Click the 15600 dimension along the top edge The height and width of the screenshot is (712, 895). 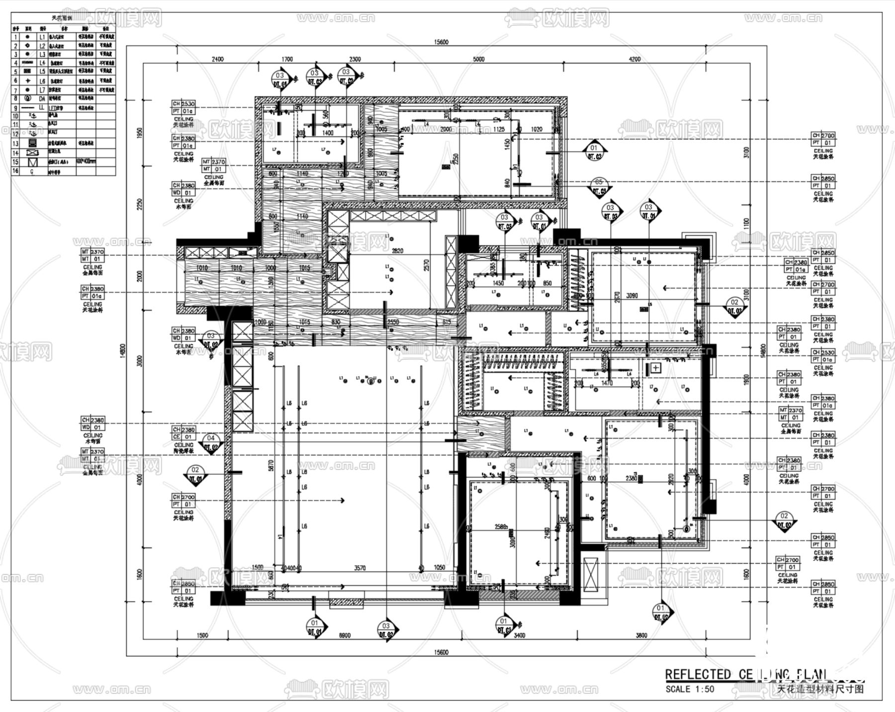click(441, 42)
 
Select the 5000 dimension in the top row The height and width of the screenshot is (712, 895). click(478, 59)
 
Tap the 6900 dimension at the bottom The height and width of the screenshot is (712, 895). click(344, 635)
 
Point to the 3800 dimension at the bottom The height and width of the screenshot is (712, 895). click(641, 635)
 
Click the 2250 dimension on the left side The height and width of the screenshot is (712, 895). click(140, 204)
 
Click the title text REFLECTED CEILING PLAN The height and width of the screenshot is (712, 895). click(746, 675)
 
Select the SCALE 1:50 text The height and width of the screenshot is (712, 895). click(690, 689)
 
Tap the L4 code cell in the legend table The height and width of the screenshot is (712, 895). click(42, 63)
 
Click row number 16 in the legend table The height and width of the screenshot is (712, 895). click(15, 171)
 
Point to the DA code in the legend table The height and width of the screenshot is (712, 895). click(42, 99)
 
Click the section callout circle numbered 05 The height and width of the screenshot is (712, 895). click(599, 183)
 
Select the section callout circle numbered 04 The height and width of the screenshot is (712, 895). click(211, 438)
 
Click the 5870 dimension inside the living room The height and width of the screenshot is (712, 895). click(271, 466)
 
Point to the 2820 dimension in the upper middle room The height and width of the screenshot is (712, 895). click(397, 251)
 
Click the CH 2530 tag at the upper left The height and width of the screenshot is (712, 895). click(183, 104)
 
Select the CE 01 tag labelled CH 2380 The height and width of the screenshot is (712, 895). click(183, 433)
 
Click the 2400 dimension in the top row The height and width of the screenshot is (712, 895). click(218, 59)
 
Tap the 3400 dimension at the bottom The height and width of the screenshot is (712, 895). click(519, 635)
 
